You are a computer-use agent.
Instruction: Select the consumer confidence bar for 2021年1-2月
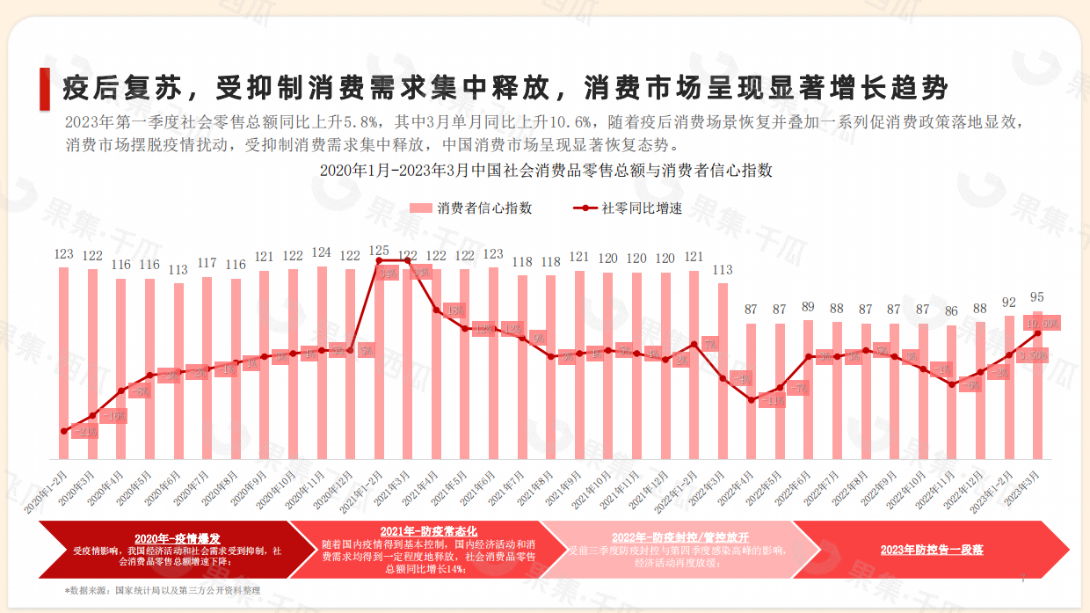[379, 369]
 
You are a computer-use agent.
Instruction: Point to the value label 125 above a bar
[379, 251]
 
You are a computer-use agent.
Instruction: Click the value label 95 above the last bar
[1037, 297]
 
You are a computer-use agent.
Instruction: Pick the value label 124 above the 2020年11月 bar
[322, 253]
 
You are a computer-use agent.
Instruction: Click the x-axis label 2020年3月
[78, 489]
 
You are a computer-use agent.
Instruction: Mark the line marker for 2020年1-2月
[63, 431]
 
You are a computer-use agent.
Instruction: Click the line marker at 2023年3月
[1037, 333]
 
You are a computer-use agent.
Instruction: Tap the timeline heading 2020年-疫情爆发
[178, 538]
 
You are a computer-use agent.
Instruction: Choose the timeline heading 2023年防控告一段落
[932, 550]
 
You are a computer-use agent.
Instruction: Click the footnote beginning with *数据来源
[163, 590]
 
